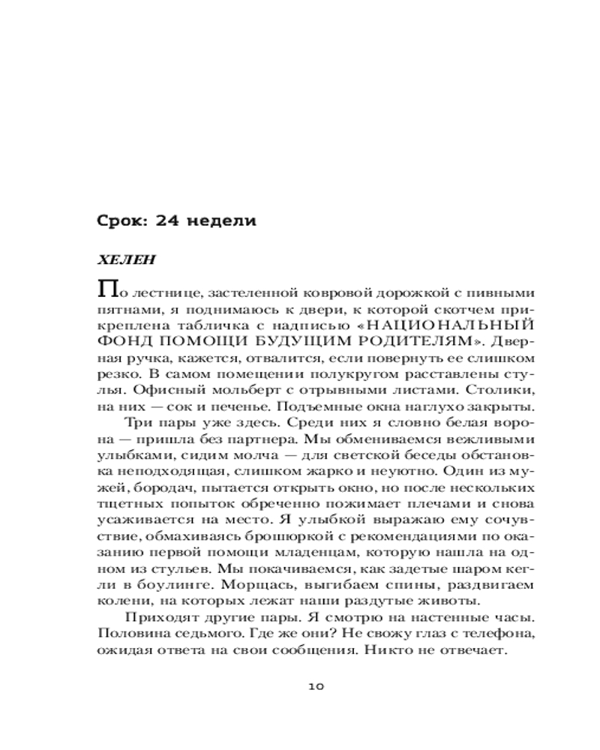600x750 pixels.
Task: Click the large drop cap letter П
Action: tap(108, 289)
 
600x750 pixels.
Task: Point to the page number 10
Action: tap(316, 685)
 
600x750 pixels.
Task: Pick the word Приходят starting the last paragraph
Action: tap(156, 618)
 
